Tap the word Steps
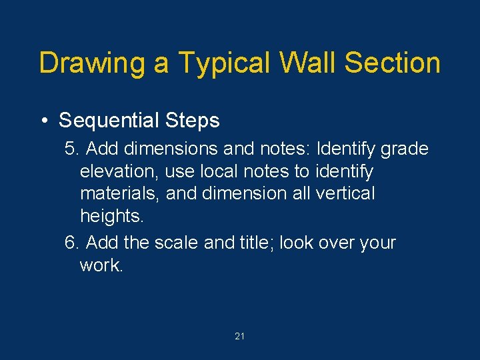pos(193,121)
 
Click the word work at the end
pos(101,265)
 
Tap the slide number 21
pos(240,337)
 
